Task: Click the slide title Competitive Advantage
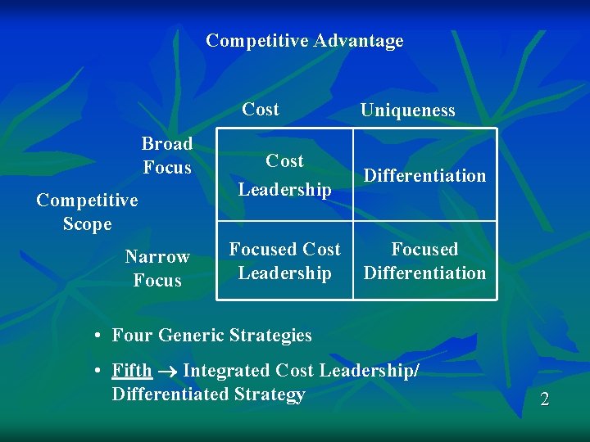[x=304, y=41]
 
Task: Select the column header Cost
[x=261, y=109]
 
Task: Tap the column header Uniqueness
[x=407, y=110]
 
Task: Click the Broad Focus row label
[x=167, y=156]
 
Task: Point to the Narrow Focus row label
[x=157, y=268]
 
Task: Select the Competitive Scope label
[x=87, y=212]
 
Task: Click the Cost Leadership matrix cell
[x=284, y=175]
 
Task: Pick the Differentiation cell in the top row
[x=424, y=175]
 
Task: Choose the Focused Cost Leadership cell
[x=284, y=260]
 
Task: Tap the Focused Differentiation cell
[x=424, y=260]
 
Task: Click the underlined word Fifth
[x=132, y=371]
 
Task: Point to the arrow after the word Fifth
[x=167, y=372]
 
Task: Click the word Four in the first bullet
[x=131, y=335]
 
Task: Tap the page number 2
[x=544, y=399]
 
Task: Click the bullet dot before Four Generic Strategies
[x=97, y=336]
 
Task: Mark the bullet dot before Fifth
[x=97, y=372]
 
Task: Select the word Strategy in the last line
[x=270, y=395]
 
